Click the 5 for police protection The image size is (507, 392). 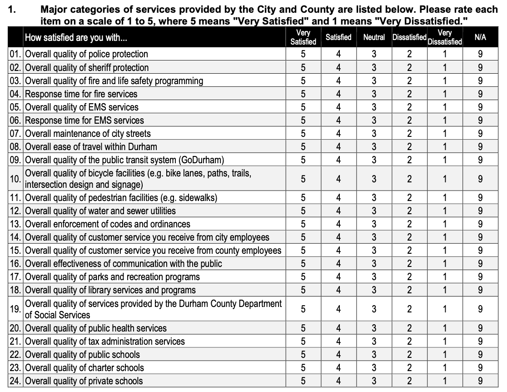click(x=303, y=54)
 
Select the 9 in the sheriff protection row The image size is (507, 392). click(x=480, y=68)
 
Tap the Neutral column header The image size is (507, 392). click(x=374, y=37)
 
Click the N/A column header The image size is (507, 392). click(x=480, y=37)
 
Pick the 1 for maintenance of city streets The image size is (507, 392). click(x=445, y=134)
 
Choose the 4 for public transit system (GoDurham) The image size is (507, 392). click(x=338, y=160)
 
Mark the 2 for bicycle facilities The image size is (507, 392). click(x=409, y=179)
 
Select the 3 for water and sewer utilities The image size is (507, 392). click(x=374, y=211)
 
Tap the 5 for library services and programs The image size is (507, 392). click(x=303, y=290)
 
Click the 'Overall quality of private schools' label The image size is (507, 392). click(x=84, y=381)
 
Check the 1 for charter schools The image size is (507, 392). click(x=445, y=368)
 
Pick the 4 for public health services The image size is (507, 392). click(x=338, y=328)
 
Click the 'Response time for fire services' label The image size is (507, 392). click(x=81, y=94)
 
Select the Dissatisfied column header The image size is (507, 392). click(x=409, y=37)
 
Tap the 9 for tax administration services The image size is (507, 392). click(x=480, y=342)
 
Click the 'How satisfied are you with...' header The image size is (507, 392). click(x=76, y=38)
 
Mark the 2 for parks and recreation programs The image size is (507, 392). click(x=409, y=277)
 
